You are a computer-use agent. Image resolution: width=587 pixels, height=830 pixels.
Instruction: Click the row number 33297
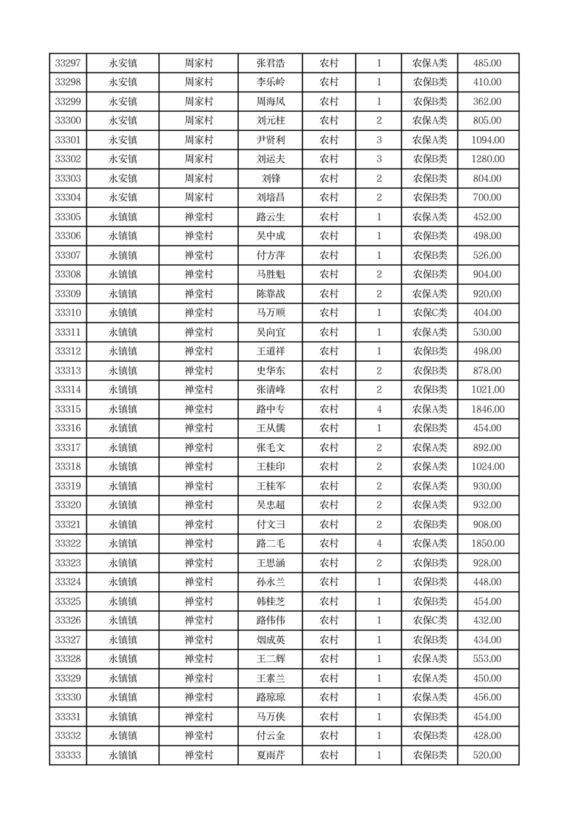[68, 63]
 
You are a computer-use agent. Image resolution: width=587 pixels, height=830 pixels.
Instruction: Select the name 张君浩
[271, 63]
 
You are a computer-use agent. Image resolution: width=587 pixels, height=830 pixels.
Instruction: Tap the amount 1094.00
[488, 140]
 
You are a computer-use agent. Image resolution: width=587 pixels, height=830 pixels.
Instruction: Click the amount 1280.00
[488, 159]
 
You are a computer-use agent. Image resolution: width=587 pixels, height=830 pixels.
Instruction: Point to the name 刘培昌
[271, 198]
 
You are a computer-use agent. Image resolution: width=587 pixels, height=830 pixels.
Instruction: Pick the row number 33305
[68, 217]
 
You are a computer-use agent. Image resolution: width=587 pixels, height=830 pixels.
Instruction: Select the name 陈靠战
[271, 294]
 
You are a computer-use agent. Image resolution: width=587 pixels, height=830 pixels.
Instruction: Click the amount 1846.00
[488, 409]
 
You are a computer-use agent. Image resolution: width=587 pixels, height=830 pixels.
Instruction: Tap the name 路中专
[271, 409]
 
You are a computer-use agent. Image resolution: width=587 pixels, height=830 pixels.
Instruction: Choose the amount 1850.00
[488, 544]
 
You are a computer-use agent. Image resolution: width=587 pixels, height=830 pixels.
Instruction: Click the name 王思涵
[271, 563]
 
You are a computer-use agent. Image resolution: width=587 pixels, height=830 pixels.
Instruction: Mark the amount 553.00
[488, 659]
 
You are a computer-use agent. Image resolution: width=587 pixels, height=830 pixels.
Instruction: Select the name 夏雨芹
[271, 755]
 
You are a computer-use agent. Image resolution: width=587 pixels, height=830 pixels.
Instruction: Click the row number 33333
[68, 755]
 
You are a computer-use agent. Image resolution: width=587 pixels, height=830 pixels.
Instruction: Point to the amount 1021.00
[488, 390]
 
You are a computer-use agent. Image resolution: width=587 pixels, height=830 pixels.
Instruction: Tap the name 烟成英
[271, 640]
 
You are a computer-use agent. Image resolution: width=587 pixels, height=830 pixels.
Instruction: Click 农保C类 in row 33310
[430, 313]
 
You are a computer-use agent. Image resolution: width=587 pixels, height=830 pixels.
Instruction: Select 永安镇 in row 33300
[123, 121]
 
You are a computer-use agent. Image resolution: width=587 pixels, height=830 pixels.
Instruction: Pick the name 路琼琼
[271, 698]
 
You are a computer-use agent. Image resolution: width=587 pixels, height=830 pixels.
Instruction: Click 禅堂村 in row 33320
[198, 505]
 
